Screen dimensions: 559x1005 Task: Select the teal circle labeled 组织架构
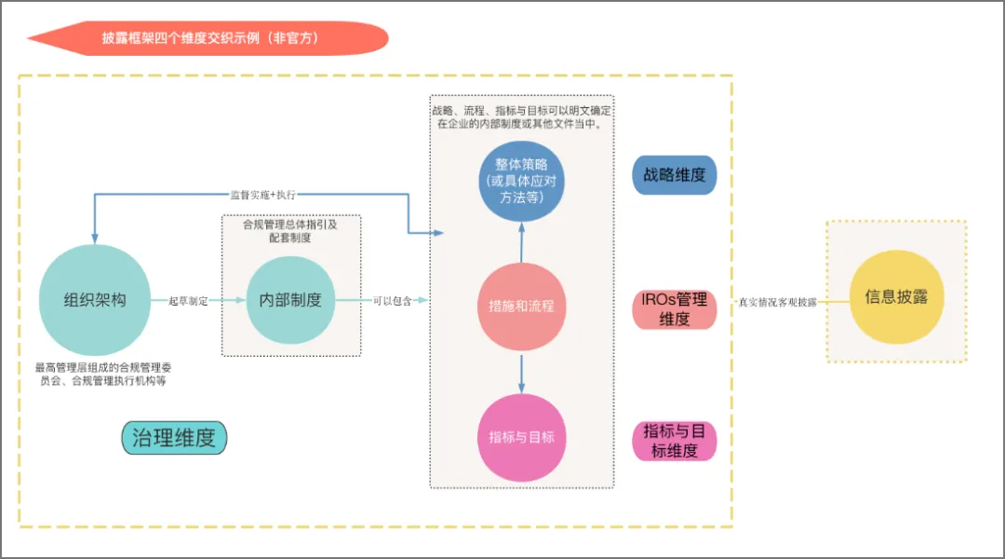coord(95,300)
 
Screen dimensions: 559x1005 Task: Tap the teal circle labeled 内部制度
coord(290,300)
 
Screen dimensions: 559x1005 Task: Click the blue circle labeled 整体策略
coord(521,181)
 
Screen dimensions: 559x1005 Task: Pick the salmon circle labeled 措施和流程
coord(521,305)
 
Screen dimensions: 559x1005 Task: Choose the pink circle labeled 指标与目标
coord(521,437)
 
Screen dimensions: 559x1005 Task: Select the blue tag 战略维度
coord(675,175)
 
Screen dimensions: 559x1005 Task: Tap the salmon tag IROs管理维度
coord(675,309)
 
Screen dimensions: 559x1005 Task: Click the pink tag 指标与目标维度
coord(675,441)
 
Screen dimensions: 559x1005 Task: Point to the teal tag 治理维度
coord(174,438)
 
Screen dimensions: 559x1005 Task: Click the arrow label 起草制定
coord(189,301)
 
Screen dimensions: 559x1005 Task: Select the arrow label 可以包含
coord(392,301)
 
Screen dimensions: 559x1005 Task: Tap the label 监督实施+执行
coord(262,195)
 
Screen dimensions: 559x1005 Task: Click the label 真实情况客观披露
coord(777,303)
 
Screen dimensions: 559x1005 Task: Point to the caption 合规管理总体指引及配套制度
coord(290,231)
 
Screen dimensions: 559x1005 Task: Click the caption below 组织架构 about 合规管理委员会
coord(103,374)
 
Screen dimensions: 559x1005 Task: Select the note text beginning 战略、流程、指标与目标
coord(521,116)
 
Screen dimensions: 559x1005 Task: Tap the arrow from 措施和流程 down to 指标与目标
coord(521,371)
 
